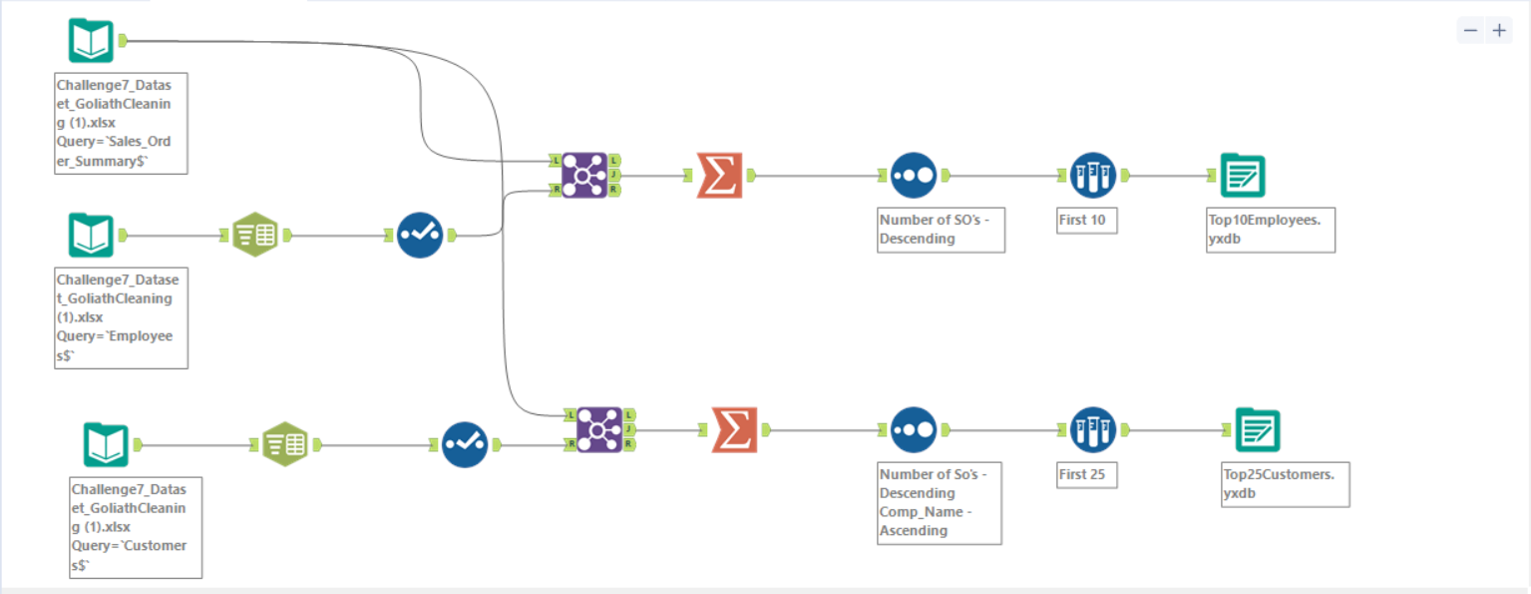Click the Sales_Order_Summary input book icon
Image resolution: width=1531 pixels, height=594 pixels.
coord(91,40)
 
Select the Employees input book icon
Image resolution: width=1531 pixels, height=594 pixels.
coord(91,236)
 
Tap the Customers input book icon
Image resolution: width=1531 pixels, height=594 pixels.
coord(106,444)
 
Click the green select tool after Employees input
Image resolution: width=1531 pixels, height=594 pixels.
coord(255,236)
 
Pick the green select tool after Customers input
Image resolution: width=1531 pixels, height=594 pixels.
coord(285,444)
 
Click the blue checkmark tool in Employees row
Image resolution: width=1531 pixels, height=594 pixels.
coord(420,236)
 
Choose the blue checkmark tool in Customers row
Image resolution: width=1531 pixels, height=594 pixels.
coord(465,444)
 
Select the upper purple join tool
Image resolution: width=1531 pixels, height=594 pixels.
coord(583,176)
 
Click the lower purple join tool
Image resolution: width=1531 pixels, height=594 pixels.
coord(598,429)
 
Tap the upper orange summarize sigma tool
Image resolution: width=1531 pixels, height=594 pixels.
coord(719,176)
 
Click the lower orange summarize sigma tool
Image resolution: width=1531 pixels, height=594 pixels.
coord(734,429)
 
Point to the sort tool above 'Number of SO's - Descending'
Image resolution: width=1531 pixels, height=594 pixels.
coord(913,176)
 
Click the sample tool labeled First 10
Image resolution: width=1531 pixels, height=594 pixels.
coord(1092,176)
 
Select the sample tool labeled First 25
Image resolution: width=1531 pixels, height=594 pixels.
coord(1092,429)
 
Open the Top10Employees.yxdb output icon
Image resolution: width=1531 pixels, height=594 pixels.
coord(1242,176)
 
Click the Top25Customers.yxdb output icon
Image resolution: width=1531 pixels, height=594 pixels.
coord(1257,429)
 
